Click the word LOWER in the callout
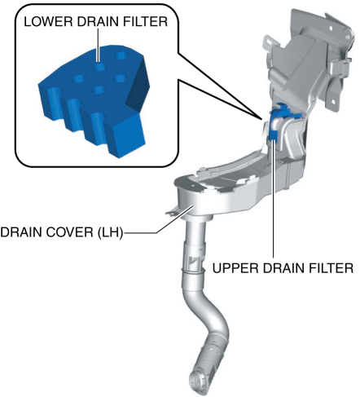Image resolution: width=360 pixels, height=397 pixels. click(49, 21)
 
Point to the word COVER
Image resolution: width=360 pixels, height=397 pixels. click(70, 232)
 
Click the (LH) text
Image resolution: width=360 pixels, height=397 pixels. click(110, 232)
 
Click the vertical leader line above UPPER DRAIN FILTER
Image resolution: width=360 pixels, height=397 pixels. click(274, 199)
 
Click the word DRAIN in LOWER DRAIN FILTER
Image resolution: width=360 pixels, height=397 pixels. click(99, 21)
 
